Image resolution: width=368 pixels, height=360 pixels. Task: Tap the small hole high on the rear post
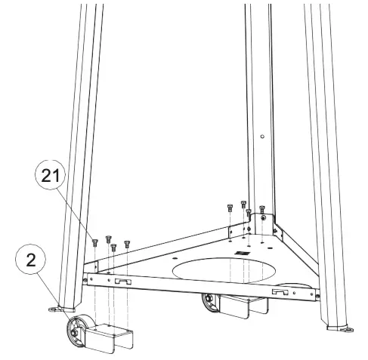[x=260, y=137]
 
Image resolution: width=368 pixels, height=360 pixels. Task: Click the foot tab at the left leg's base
[x=54, y=308]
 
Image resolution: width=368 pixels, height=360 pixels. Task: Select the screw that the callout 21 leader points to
[x=94, y=242]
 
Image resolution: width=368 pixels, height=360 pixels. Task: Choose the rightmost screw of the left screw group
[x=127, y=244]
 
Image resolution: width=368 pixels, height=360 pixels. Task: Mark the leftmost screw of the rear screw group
[x=229, y=206]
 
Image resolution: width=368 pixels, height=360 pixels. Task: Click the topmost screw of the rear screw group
[x=243, y=203]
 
